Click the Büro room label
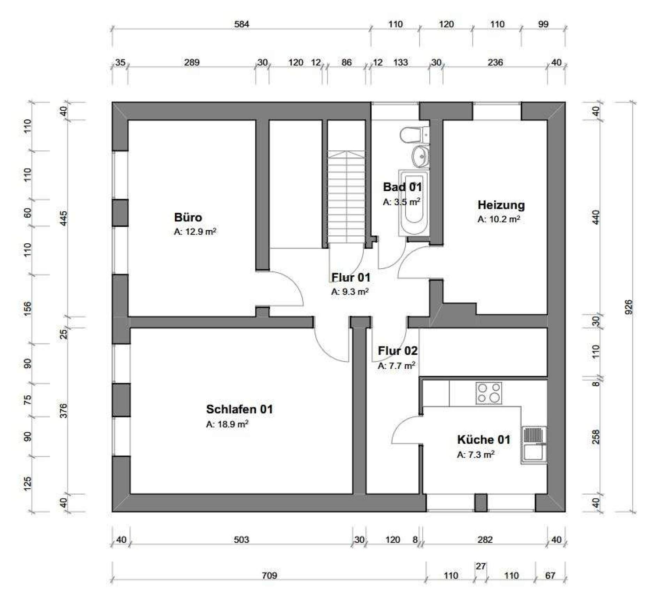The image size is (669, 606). (188, 217)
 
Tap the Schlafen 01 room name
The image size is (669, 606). (239, 409)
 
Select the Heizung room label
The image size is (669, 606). (501, 205)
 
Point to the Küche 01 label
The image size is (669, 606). (484, 440)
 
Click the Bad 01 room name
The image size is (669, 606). (402, 187)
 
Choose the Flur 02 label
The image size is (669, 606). (398, 351)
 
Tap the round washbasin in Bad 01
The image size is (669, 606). (420, 156)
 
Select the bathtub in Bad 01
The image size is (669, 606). (414, 203)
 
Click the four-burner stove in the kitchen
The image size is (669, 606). (489, 393)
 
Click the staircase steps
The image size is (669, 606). (346, 197)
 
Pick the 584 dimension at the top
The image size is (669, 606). (241, 24)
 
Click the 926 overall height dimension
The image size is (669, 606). (628, 307)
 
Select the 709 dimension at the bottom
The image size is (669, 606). (269, 575)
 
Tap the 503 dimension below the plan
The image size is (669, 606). (241, 540)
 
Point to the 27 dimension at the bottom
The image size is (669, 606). (481, 566)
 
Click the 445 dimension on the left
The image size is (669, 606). (64, 218)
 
